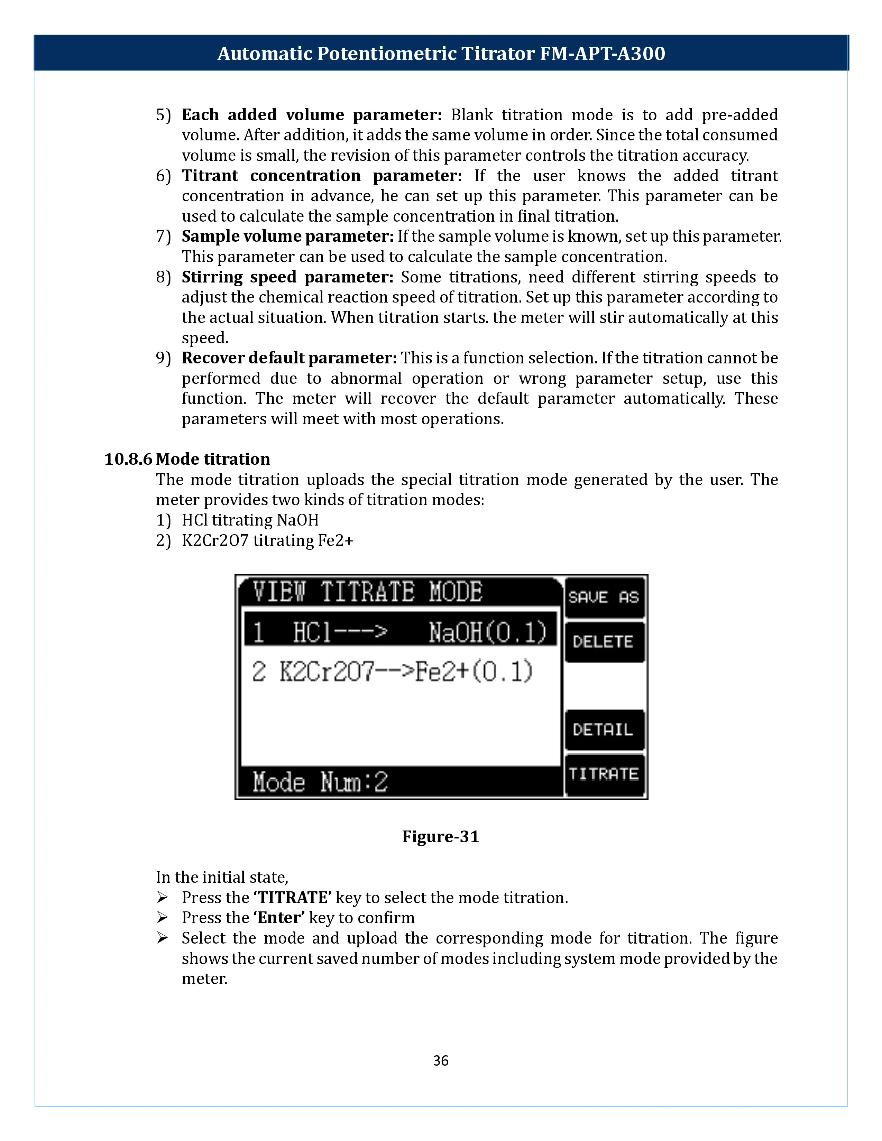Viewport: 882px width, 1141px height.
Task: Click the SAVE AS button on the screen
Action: pos(604,597)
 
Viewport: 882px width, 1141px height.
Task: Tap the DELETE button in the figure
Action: pos(604,641)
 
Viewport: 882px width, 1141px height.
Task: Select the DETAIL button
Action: pos(604,730)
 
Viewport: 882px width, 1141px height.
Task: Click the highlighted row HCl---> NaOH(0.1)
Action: pos(400,632)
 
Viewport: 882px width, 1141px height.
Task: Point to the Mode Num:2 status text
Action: pos(320,782)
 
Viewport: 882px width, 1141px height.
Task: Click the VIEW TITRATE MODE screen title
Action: pos(367,592)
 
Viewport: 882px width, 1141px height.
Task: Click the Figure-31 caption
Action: pos(440,836)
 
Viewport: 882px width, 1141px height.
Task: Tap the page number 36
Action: pos(440,1060)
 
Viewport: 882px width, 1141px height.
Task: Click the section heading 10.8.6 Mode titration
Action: pos(187,459)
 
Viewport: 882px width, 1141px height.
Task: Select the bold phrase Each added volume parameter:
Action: pos(311,114)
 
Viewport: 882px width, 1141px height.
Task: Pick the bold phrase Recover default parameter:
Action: pos(289,358)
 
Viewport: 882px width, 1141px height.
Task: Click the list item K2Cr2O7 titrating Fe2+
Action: pos(267,540)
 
